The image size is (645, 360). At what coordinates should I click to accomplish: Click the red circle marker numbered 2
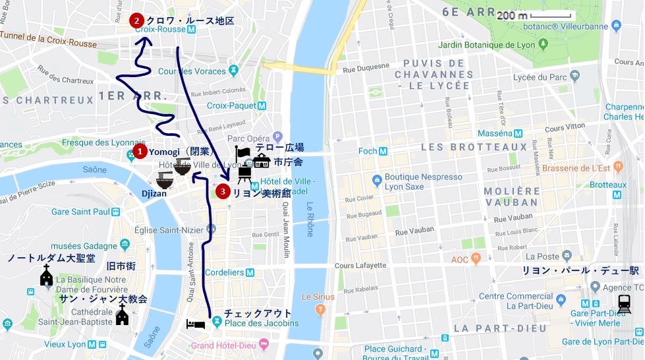[x=136, y=20]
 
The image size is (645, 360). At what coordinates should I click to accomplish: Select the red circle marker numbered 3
[x=223, y=192]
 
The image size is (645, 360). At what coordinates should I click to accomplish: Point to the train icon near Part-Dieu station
[x=623, y=303]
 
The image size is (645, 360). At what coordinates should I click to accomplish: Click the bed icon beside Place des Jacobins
[x=195, y=324]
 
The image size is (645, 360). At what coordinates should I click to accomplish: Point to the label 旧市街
[x=121, y=266]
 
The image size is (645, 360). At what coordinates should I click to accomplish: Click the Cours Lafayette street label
[x=360, y=266]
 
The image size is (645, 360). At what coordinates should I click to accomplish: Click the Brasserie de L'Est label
[x=580, y=167]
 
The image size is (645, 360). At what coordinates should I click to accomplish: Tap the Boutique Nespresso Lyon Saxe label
[x=423, y=182]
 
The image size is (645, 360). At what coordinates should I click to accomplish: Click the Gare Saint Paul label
[x=79, y=212]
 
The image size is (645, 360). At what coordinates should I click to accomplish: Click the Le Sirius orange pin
[x=321, y=308]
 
